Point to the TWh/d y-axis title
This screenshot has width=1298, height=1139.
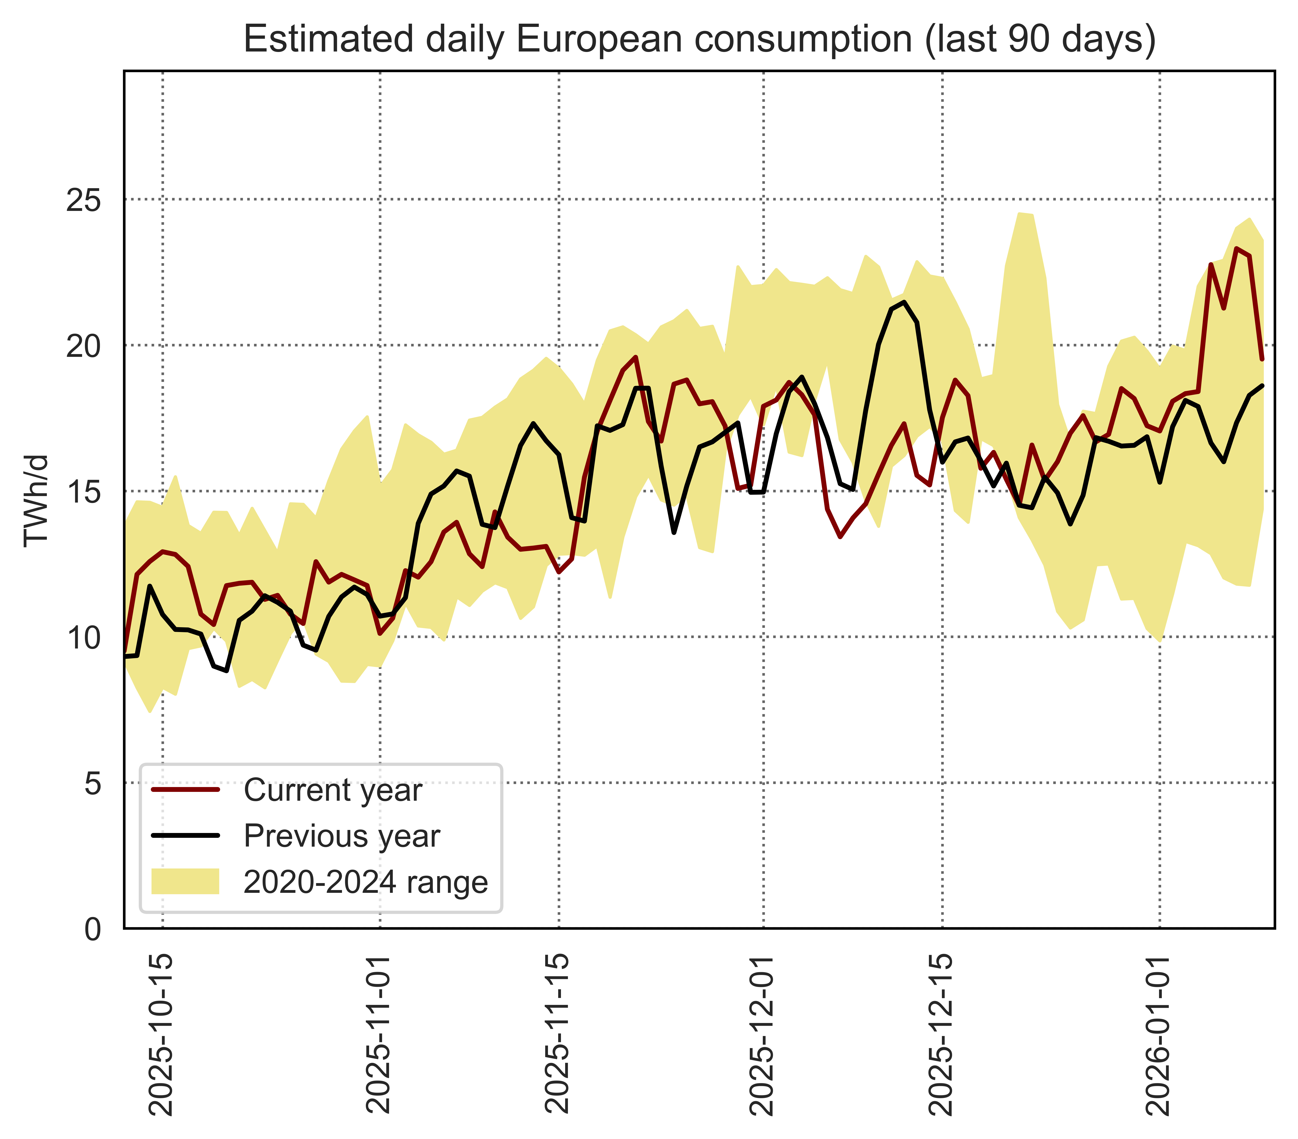coord(36,500)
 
